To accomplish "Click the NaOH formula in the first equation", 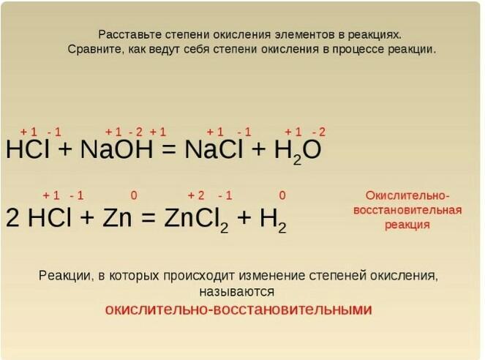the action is coord(116,149).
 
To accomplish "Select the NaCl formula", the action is coord(214,149).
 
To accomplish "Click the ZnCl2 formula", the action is coord(196,219).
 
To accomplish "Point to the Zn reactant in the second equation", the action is coord(117,217).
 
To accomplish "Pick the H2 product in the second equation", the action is coord(273,220).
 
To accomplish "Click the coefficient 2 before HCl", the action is coord(12,218).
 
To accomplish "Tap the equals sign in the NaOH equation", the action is coord(169,150).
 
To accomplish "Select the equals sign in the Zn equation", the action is coord(148,218).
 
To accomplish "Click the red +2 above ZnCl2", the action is coord(196,195).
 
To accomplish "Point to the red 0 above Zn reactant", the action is coord(134,195).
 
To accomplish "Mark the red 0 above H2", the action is coord(282,195).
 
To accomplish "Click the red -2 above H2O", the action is coord(319,132).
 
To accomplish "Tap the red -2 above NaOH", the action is coord(135,132).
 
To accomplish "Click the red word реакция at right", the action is coord(407,225).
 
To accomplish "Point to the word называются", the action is coord(236,292).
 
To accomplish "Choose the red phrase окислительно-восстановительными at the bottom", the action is coord(238,310).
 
